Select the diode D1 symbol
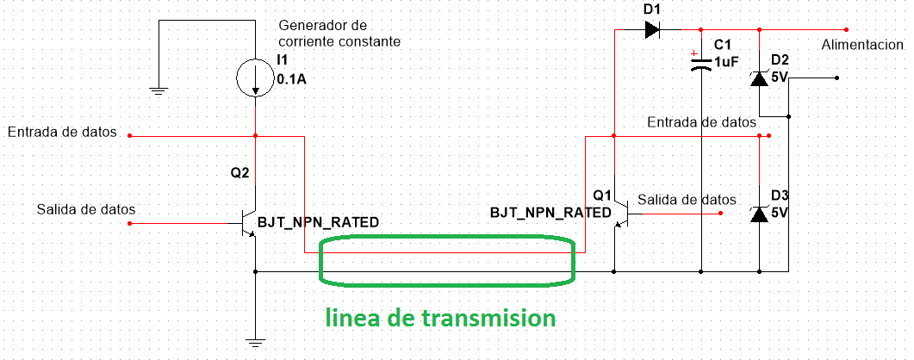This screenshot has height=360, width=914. [x=652, y=29]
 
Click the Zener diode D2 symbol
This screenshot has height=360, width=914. [x=759, y=78]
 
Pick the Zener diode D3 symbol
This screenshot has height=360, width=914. [x=759, y=214]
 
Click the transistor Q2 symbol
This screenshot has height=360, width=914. [x=251, y=224]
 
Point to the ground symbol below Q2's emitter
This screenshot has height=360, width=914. [x=255, y=343]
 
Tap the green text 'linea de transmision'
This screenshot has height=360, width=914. [x=440, y=318]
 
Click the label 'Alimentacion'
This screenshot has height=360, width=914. [x=862, y=45]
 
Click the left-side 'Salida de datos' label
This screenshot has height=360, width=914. [x=87, y=209]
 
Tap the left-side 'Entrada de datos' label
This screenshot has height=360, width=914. [x=62, y=132]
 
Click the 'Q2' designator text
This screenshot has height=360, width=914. [x=240, y=172]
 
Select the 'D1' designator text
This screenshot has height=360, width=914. [x=653, y=9]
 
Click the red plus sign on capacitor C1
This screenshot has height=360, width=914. [x=693, y=54]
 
